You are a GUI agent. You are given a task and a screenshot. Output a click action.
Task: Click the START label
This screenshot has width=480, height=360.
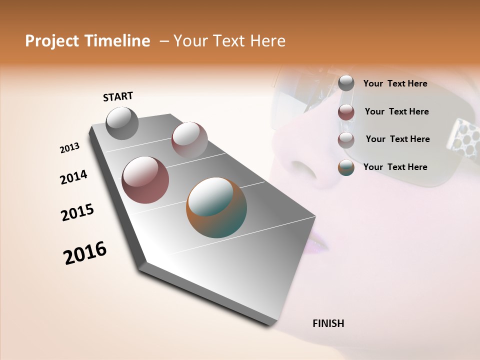click(118, 96)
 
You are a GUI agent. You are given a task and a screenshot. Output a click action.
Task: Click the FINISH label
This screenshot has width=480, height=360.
click(328, 323)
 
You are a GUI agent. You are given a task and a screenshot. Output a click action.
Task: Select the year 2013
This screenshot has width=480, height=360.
click(69, 148)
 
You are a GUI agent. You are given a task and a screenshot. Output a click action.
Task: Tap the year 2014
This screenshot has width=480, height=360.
click(73, 177)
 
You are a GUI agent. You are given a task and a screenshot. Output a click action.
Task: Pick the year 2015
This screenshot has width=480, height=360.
click(77, 212)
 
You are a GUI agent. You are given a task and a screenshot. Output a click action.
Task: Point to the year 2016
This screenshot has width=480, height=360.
click(85, 252)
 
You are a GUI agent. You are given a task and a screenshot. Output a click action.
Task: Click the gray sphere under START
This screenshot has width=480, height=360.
click(122, 123)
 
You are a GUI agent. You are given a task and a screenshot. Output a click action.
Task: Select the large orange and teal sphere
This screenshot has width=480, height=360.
click(216, 207)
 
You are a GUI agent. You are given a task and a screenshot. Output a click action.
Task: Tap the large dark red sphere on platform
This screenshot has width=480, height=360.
click(145, 180)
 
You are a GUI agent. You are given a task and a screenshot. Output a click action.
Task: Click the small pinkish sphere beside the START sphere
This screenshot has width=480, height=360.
click(189, 139)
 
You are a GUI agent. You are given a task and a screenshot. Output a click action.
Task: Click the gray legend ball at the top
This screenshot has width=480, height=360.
click(346, 83)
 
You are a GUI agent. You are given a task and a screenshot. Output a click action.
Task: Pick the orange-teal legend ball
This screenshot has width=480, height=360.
click(346, 167)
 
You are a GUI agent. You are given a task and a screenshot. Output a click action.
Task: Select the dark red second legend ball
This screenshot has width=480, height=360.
click(346, 112)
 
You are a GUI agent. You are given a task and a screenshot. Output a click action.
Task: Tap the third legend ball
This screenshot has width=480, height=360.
click(346, 140)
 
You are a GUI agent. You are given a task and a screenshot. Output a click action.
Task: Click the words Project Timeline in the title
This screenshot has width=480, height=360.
click(87, 41)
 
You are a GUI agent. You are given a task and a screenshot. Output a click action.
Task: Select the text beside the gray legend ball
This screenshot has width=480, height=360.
click(395, 83)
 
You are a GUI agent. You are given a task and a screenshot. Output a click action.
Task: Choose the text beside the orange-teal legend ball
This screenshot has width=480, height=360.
click(395, 167)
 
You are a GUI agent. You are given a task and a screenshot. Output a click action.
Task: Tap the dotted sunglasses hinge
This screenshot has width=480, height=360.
click(462, 135)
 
